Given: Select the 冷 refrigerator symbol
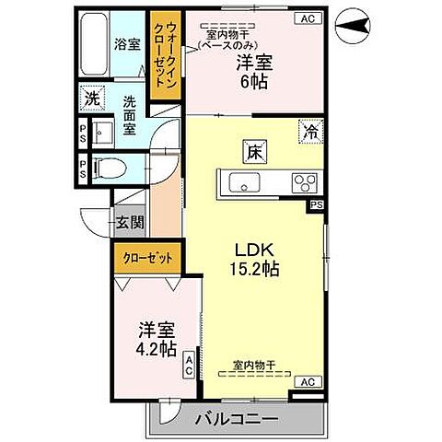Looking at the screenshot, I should pos(312,133).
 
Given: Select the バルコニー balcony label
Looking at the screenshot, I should pos(237,420).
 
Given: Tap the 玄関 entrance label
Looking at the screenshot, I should pos(128,222).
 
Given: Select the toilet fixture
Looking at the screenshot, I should pos(109,169).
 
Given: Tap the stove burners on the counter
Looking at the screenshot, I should pos(304,180).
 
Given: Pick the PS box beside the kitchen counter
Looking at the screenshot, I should pos(316,204).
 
